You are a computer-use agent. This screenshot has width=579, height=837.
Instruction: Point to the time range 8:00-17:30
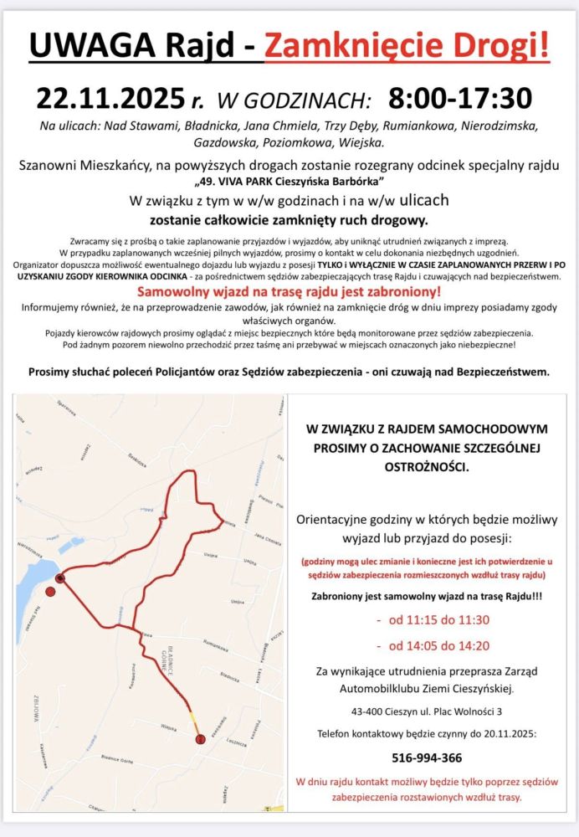tap(460, 99)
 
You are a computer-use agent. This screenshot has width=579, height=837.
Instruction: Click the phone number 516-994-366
tap(427, 757)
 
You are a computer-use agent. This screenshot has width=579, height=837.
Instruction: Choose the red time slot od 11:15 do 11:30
tap(433, 620)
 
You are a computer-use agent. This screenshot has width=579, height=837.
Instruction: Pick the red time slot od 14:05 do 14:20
tap(433, 645)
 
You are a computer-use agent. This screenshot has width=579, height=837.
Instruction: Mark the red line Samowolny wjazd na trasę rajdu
tap(289, 293)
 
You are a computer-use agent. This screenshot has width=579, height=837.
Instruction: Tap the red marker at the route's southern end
tap(200, 739)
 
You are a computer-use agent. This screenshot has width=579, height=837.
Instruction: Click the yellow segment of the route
tap(194, 717)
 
